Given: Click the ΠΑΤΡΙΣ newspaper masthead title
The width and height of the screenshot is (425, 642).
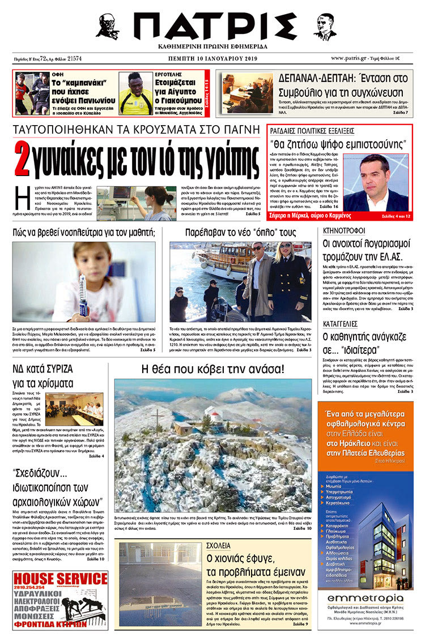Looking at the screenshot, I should tap(215, 26).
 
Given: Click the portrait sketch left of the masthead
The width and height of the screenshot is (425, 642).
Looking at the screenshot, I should tap(107, 26).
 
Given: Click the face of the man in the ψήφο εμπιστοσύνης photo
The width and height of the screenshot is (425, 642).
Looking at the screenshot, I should tap(376, 175).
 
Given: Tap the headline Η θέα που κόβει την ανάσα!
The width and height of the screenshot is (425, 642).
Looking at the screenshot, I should tap(212, 370).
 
